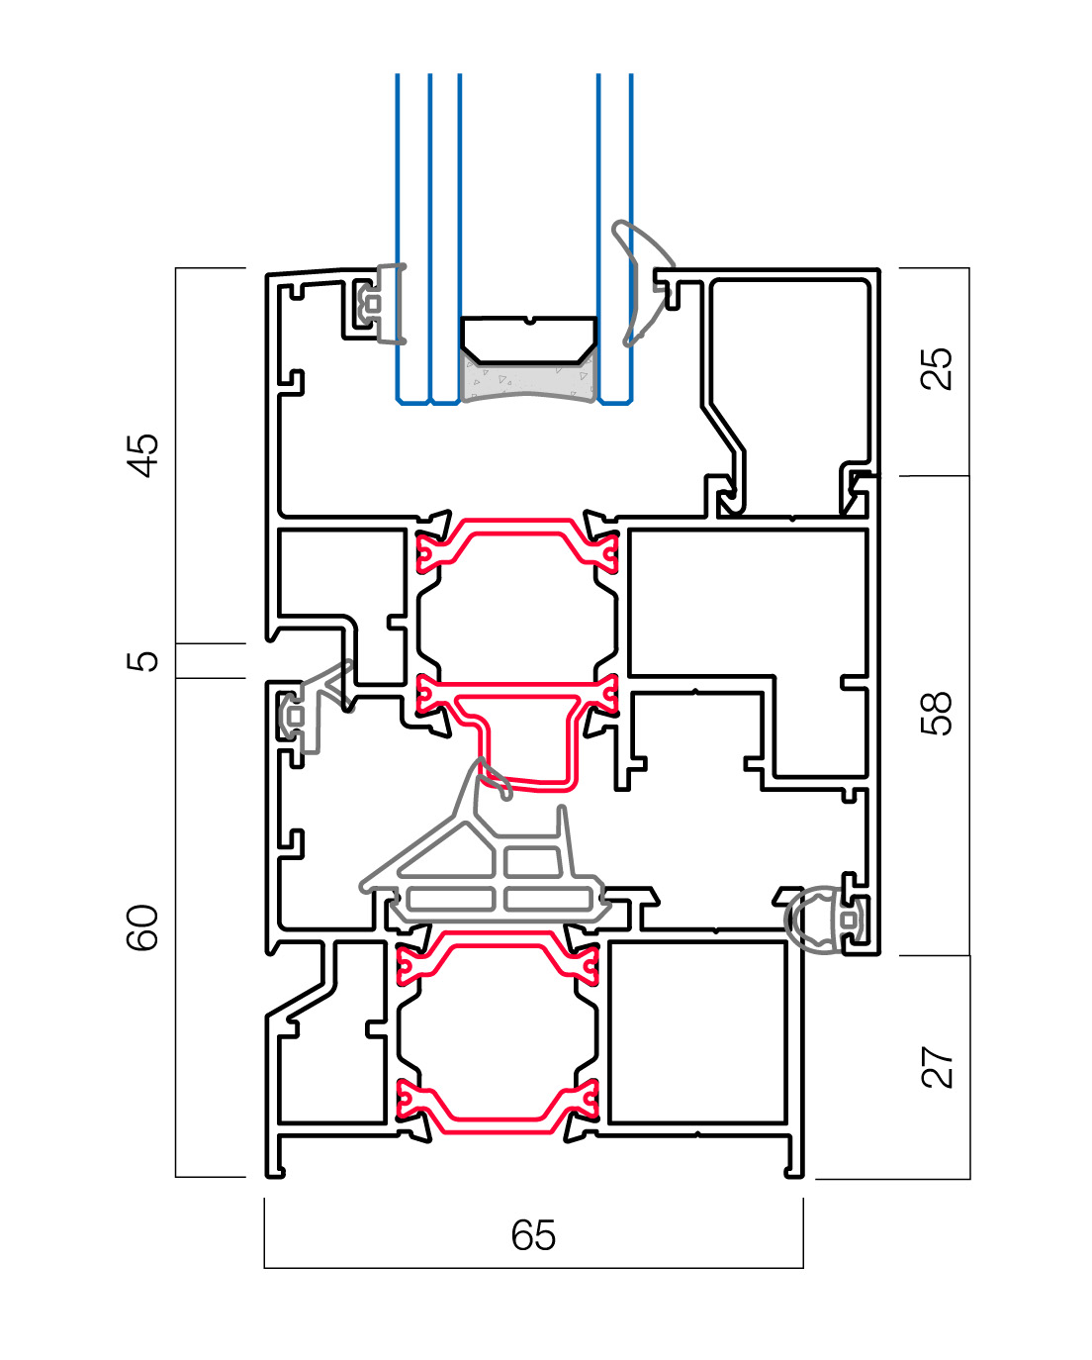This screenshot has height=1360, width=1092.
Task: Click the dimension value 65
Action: (x=533, y=1235)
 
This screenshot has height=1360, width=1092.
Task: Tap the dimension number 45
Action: (x=144, y=455)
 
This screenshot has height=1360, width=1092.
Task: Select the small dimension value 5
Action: (x=144, y=660)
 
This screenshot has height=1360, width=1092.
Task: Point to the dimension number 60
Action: (x=144, y=927)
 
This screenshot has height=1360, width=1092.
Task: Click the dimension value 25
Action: (x=937, y=368)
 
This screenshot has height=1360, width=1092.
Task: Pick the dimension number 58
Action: (x=937, y=713)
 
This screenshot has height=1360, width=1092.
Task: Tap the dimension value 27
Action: (x=937, y=1067)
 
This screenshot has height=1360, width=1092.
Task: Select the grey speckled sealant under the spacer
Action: (x=529, y=381)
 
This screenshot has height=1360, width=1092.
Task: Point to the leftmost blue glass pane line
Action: (x=398, y=238)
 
